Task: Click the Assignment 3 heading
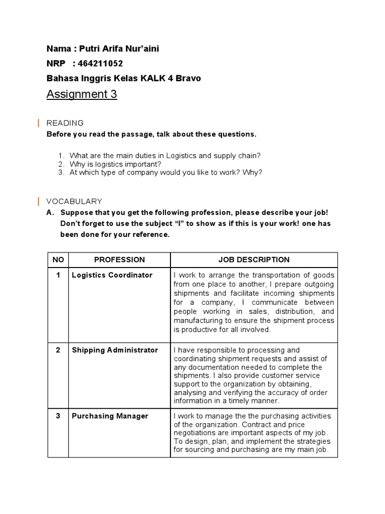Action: (x=82, y=94)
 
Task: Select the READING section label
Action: (x=65, y=123)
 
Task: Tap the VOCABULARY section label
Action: (x=74, y=201)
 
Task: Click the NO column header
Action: (x=58, y=260)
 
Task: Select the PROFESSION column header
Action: (x=119, y=260)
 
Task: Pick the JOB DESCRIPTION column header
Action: (x=254, y=260)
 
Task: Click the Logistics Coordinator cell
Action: (x=112, y=275)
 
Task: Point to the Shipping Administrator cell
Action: (x=115, y=350)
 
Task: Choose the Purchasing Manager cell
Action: (x=110, y=416)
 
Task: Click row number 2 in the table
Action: (x=58, y=350)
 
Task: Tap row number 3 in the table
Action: (x=58, y=416)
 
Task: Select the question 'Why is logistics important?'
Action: (x=115, y=164)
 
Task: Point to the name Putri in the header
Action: (x=89, y=49)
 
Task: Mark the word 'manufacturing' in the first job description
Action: (x=199, y=321)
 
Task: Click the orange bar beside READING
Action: (x=39, y=123)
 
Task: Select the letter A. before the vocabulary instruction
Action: (x=50, y=213)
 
